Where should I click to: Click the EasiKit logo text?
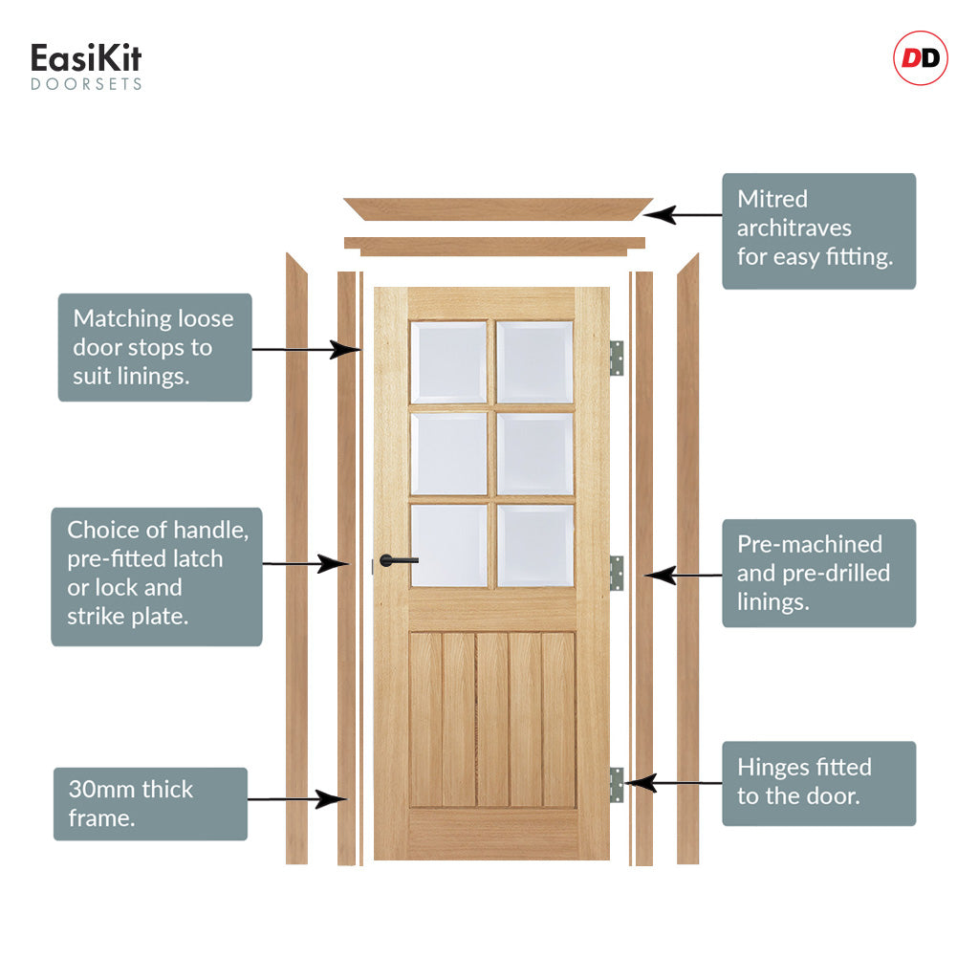tap(86, 59)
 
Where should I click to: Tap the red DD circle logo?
tap(920, 59)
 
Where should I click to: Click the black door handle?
tap(398, 560)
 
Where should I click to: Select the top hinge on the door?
tap(617, 358)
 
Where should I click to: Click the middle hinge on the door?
tap(617, 572)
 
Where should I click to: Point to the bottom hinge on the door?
tap(617, 784)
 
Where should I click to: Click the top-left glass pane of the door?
tap(448, 362)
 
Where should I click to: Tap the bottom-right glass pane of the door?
tap(535, 545)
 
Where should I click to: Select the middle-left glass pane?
tap(448, 453)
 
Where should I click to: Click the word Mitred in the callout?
tap(772, 199)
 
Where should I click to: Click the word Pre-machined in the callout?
tap(809, 545)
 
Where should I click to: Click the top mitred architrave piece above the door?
tap(497, 208)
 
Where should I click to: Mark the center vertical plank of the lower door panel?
tap(492, 719)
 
